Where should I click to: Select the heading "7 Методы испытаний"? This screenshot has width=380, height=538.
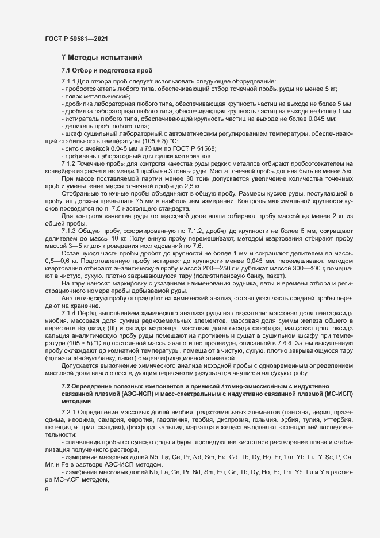click(98, 58)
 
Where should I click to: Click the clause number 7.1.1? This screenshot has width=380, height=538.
click(69, 81)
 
